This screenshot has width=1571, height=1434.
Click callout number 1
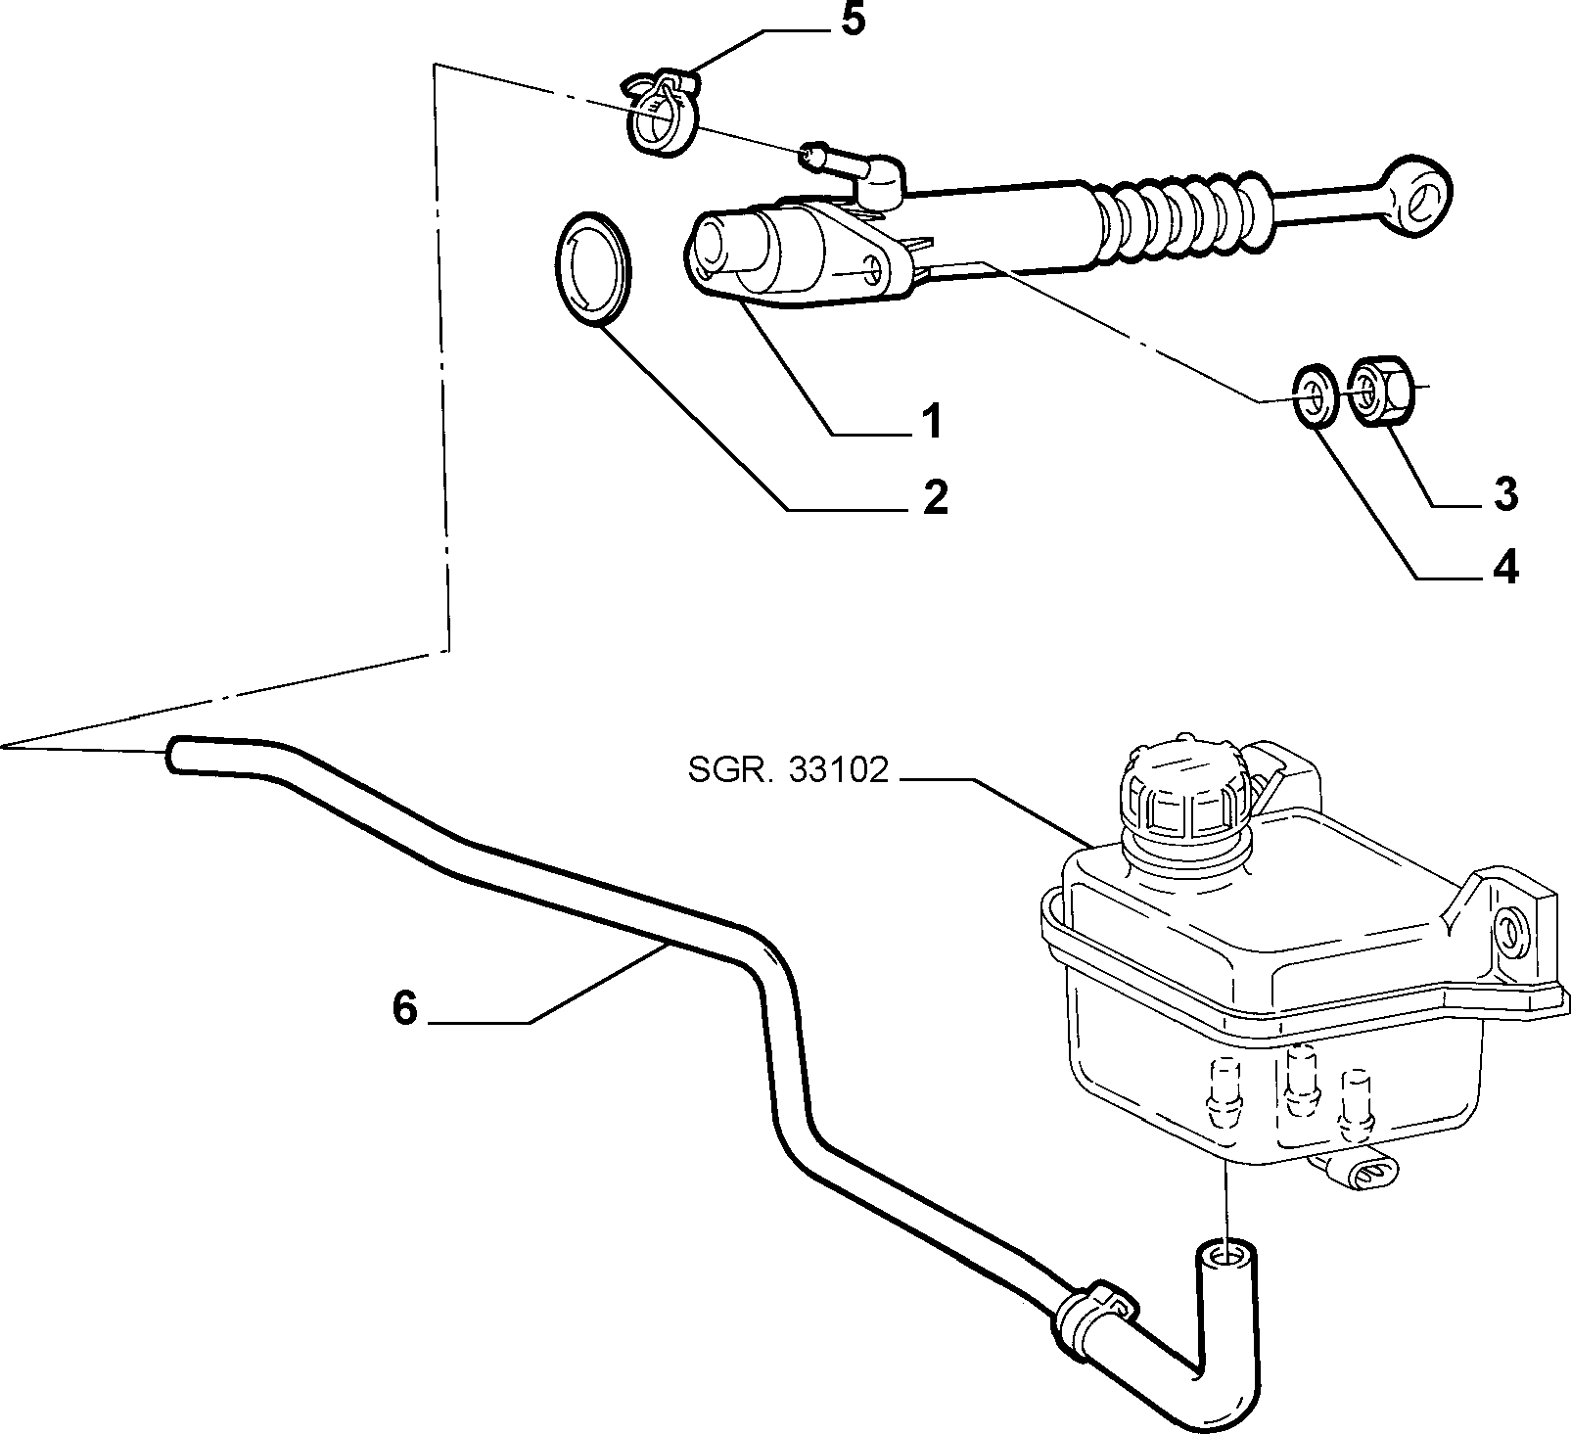[929, 421]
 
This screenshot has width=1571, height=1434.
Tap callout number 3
[1505, 494]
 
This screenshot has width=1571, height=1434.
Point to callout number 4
[1504, 567]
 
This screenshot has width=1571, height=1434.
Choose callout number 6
[405, 1007]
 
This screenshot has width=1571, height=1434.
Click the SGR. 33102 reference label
[787, 772]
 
